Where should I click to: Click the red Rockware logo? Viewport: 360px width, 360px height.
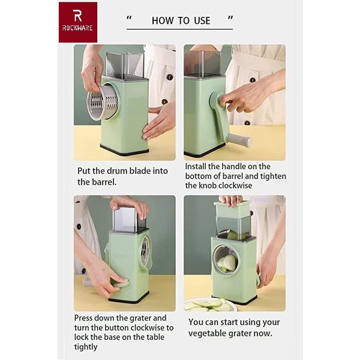77,22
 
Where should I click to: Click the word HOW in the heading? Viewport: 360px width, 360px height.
163,20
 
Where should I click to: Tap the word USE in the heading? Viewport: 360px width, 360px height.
202,20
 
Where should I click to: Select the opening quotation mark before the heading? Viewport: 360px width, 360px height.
129,18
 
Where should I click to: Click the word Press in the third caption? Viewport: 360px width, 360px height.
86,317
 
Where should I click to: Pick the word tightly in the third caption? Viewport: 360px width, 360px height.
86,346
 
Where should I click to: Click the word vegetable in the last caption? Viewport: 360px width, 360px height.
209,333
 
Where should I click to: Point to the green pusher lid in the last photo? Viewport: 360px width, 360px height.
232,209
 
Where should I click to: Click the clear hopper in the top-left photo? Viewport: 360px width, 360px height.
125,65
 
